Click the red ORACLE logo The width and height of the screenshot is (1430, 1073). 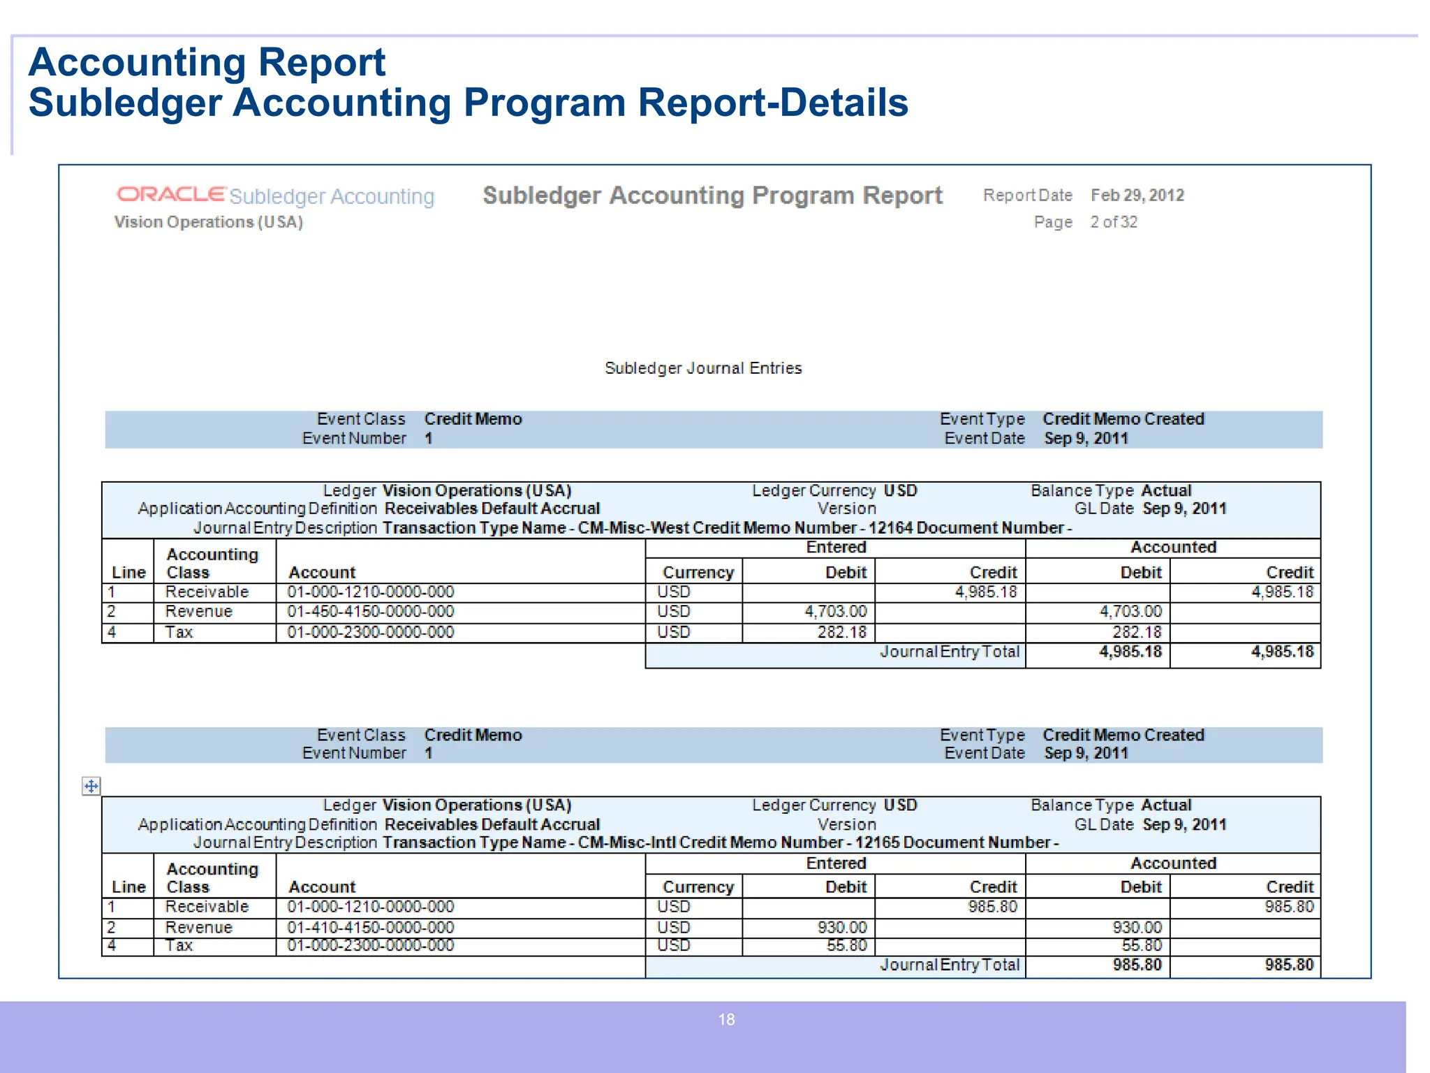(x=171, y=194)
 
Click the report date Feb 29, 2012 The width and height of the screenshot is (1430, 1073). (x=1137, y=196)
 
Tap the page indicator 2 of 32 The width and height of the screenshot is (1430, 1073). (x=1114, y=222)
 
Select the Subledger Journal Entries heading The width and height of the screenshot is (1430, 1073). (x=703, y=368)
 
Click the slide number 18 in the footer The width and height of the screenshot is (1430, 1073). (x=726, y=1020)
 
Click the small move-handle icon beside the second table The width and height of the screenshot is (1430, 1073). (x=91, y=787)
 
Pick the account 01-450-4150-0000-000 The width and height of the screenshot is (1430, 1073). (x=370, y=612)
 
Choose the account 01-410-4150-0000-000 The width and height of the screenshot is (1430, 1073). (x=370, y=928)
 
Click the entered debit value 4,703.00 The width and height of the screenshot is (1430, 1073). (x=835, y=612)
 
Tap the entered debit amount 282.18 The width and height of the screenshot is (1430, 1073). (x=842, y=632)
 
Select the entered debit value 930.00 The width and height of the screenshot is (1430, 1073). (x=842, y=928)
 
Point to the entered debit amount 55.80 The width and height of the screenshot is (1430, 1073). (x=847, y=946)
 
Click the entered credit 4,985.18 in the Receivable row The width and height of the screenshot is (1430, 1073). (x=986, y=592)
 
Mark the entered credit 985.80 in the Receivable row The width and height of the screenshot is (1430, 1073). (x=992, y=907)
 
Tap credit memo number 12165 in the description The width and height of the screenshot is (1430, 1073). (x=877, y=843)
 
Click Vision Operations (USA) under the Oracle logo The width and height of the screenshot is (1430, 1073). (x=208, y=222)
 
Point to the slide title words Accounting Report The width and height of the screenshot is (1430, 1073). (x=207, y=62)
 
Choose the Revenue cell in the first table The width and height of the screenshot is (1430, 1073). (x=198, y=612)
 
